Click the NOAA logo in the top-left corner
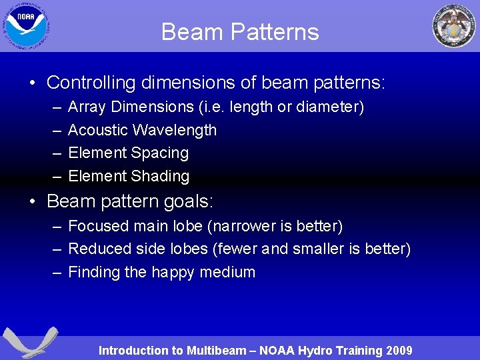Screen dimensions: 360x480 27,25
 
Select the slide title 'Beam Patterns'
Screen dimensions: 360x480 240,32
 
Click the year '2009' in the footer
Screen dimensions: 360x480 399,351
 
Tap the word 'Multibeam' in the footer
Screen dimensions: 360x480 217,351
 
